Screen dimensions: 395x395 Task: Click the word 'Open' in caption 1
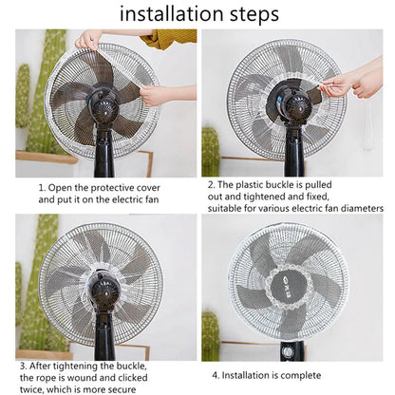coord(66,187)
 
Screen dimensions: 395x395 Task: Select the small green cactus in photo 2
coord(210,152)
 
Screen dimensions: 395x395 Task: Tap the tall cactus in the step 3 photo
coord(34,285)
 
